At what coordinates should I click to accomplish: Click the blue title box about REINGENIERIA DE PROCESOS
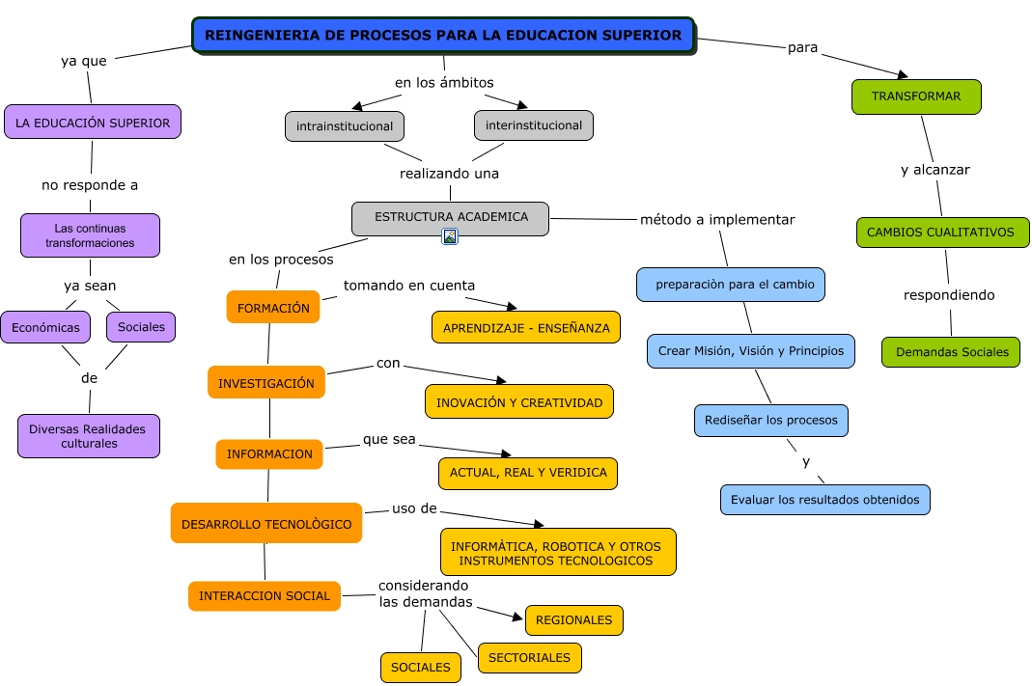[x=443, y=35]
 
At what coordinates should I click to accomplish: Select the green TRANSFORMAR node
[x=916, y=96]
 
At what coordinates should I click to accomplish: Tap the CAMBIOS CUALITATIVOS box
[x=942, y=233]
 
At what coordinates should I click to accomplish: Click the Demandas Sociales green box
[x=951, y=352]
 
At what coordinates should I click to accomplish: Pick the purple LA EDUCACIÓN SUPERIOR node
[x=93, y=123]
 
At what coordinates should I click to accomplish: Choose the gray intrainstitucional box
[x=345, y=126]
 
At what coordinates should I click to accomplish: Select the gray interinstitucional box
[x=534, y=125]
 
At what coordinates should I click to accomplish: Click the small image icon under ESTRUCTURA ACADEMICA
[x=450, y=236]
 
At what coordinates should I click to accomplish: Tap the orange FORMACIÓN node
[x=273, y=308]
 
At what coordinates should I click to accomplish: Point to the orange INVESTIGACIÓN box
[x=266, y=383]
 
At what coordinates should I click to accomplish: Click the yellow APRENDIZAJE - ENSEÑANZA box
[x=526, y=328]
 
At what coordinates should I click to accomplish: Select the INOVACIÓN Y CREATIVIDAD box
[x=519, y=402]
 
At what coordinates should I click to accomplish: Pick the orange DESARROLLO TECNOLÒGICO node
[x=266, y=524]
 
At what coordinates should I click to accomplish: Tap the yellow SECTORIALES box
[x=529, y=658]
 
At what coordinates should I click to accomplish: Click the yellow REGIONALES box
[x=573, y=620]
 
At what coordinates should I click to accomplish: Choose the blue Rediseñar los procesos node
[x=771, y=421]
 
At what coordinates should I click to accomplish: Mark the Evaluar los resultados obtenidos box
[x=825, y=500]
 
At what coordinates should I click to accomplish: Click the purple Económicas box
[x=45, y=327]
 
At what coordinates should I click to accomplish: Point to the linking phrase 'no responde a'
[x=90, y=184]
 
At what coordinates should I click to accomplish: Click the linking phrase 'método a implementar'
[x=717, y=219]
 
